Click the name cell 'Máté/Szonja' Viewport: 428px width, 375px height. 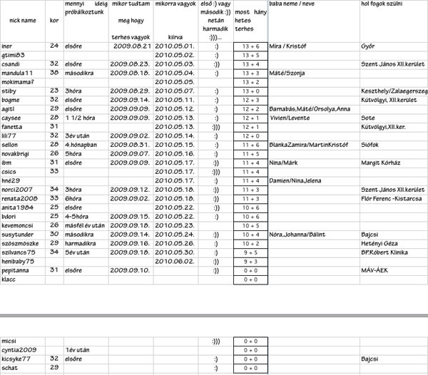pyautogui.click(x=286, y=73)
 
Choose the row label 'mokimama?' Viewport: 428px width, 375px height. pyautogui.click(x=19, y=82)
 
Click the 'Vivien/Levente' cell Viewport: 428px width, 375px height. pyautogui.click(x=289, y=118)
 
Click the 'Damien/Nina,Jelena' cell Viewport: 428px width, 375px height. pyautogui.click(x=295, y=180)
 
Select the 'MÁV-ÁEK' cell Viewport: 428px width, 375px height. pyautogui.click(x=375, y=271)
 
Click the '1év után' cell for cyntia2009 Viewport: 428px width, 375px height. pyautogui.click(x=76, y=351)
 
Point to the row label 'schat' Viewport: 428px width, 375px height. pyautogui.click(x=10, y=368)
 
